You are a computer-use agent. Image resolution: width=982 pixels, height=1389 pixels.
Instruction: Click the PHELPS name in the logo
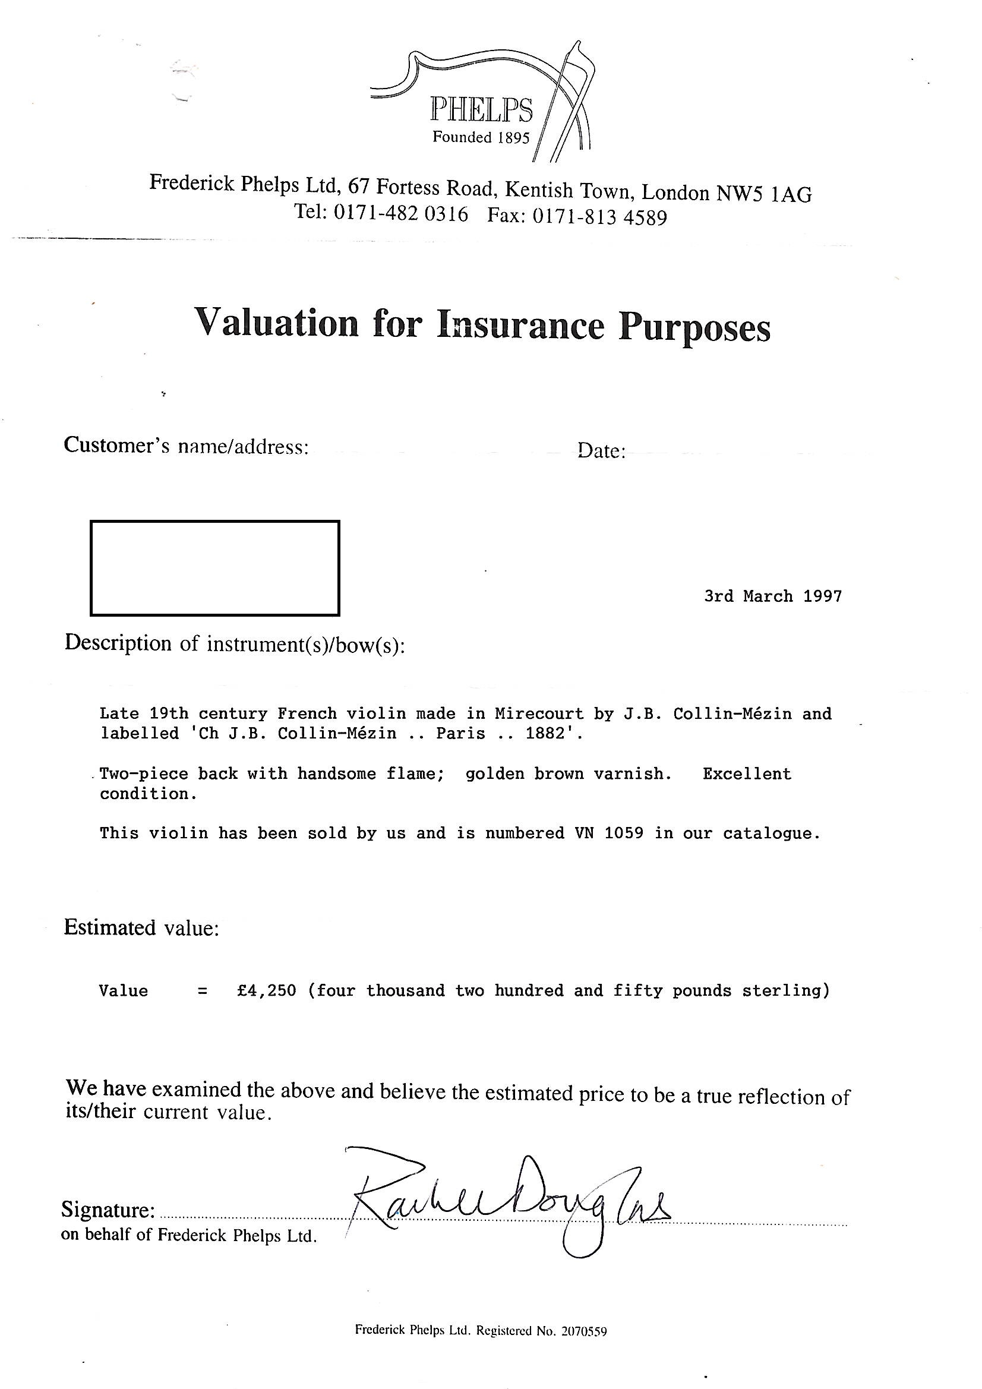click(481, 111)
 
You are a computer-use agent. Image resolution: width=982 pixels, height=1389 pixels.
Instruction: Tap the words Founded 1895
click(481, 138)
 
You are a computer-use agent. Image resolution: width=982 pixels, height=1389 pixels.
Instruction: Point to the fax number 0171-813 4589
click(599, 217)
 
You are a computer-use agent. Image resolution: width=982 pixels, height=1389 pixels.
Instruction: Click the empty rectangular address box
click(215, 567)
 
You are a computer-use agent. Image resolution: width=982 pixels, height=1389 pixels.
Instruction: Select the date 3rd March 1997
click(773, 596)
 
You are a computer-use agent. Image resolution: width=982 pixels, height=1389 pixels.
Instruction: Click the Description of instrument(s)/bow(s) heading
click(234, 643)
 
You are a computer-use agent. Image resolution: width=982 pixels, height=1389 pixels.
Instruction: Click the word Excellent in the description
click(747, 774)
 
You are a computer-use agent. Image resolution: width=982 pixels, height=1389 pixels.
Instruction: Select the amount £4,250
click(266, 990)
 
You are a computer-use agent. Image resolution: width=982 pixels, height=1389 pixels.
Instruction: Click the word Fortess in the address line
click(408, 188)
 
